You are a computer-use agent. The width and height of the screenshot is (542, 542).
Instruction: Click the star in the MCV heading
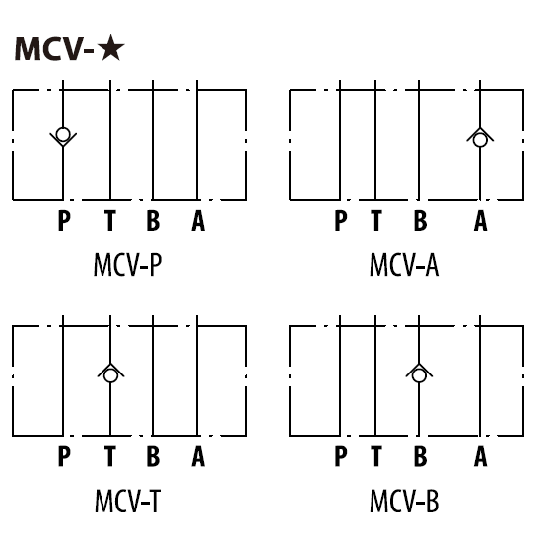[110, 47]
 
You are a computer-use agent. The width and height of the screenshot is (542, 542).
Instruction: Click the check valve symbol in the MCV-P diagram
[63, 137]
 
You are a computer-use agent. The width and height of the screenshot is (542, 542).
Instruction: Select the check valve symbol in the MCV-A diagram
[480, 137]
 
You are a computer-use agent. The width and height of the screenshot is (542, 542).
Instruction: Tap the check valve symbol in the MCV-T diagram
[110, 373]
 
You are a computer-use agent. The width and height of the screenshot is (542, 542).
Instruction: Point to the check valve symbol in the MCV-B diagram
[419, 373]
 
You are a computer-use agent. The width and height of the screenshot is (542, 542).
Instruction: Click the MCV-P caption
[127, 265]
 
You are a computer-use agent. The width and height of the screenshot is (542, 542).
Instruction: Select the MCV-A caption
[404, 265]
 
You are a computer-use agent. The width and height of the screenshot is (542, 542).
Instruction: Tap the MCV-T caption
[127, 502]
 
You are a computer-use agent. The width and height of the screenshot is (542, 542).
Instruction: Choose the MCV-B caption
[404, 502]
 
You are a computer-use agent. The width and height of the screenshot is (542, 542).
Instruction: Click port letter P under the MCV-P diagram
[64, 220]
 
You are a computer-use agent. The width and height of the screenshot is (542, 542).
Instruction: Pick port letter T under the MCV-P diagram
[110, 220]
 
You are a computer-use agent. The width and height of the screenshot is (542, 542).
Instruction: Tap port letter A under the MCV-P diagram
[198, 220]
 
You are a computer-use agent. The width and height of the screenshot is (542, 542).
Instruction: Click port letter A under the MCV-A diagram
[481, 220]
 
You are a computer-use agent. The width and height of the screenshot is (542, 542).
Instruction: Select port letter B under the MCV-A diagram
[421, 220]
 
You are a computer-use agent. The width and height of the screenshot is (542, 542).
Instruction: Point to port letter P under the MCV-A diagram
[341, 220]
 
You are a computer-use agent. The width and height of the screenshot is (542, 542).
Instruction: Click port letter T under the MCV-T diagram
[110, 456]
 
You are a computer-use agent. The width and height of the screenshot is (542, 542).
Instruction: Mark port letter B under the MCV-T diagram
[153, 456]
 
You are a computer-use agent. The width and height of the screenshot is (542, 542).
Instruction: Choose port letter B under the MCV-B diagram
[421, 456]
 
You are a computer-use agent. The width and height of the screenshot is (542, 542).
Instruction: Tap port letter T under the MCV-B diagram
[376, 456]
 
